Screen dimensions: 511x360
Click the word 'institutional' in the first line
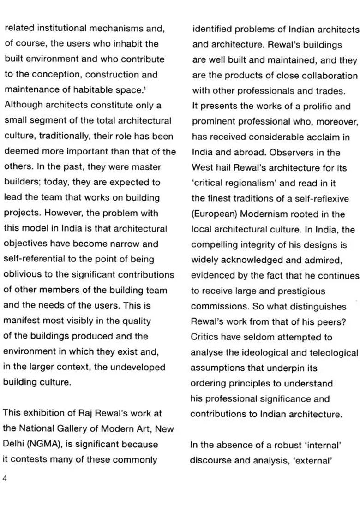[59, 28]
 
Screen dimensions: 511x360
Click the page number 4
[5, 478]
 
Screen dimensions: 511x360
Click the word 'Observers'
[293, 153]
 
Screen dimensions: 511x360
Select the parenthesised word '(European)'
[213, 214]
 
